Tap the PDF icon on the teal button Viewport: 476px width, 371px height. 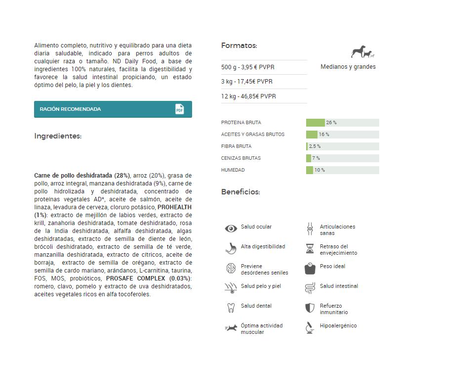(179, 109)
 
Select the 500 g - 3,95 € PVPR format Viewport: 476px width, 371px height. (248, 67)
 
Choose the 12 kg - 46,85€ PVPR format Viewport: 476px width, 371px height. (248, 96)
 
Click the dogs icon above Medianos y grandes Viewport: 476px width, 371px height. (363, 52)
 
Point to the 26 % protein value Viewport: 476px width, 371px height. (331, 123)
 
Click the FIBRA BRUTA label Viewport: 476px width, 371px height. (237, 146)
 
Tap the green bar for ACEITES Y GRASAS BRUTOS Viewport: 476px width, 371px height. (312, 135)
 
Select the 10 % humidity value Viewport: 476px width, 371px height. (319, 170)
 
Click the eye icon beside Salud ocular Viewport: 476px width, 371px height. (231, 229)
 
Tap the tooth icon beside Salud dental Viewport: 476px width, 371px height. (231, 308)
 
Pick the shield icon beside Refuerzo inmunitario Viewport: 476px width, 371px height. (310, 308)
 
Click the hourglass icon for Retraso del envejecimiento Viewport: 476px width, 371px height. (310, 248)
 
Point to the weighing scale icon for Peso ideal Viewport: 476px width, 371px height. (310, 268)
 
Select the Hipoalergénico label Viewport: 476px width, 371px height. (338, 326)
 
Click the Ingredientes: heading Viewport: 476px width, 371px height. (58, 136)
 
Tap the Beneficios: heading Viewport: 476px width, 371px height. (240, 192)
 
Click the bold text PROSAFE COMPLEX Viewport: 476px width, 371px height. (136, 278)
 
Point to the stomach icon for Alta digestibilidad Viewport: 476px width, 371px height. (231, 248)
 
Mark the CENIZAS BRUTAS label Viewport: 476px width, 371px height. (241, 158)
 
